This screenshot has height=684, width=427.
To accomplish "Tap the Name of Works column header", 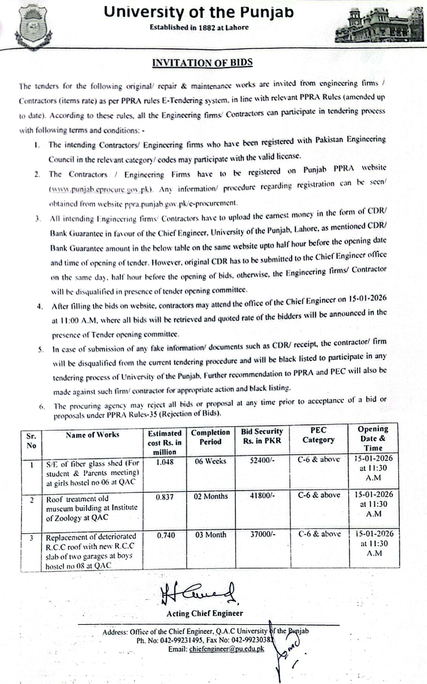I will pyautogui.click(x=92, y=435).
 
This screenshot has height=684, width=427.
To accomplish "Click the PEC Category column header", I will pyautogui.click(x=319, y=436).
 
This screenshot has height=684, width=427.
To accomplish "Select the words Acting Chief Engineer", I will pyautogui.click(x=204, y=613).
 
